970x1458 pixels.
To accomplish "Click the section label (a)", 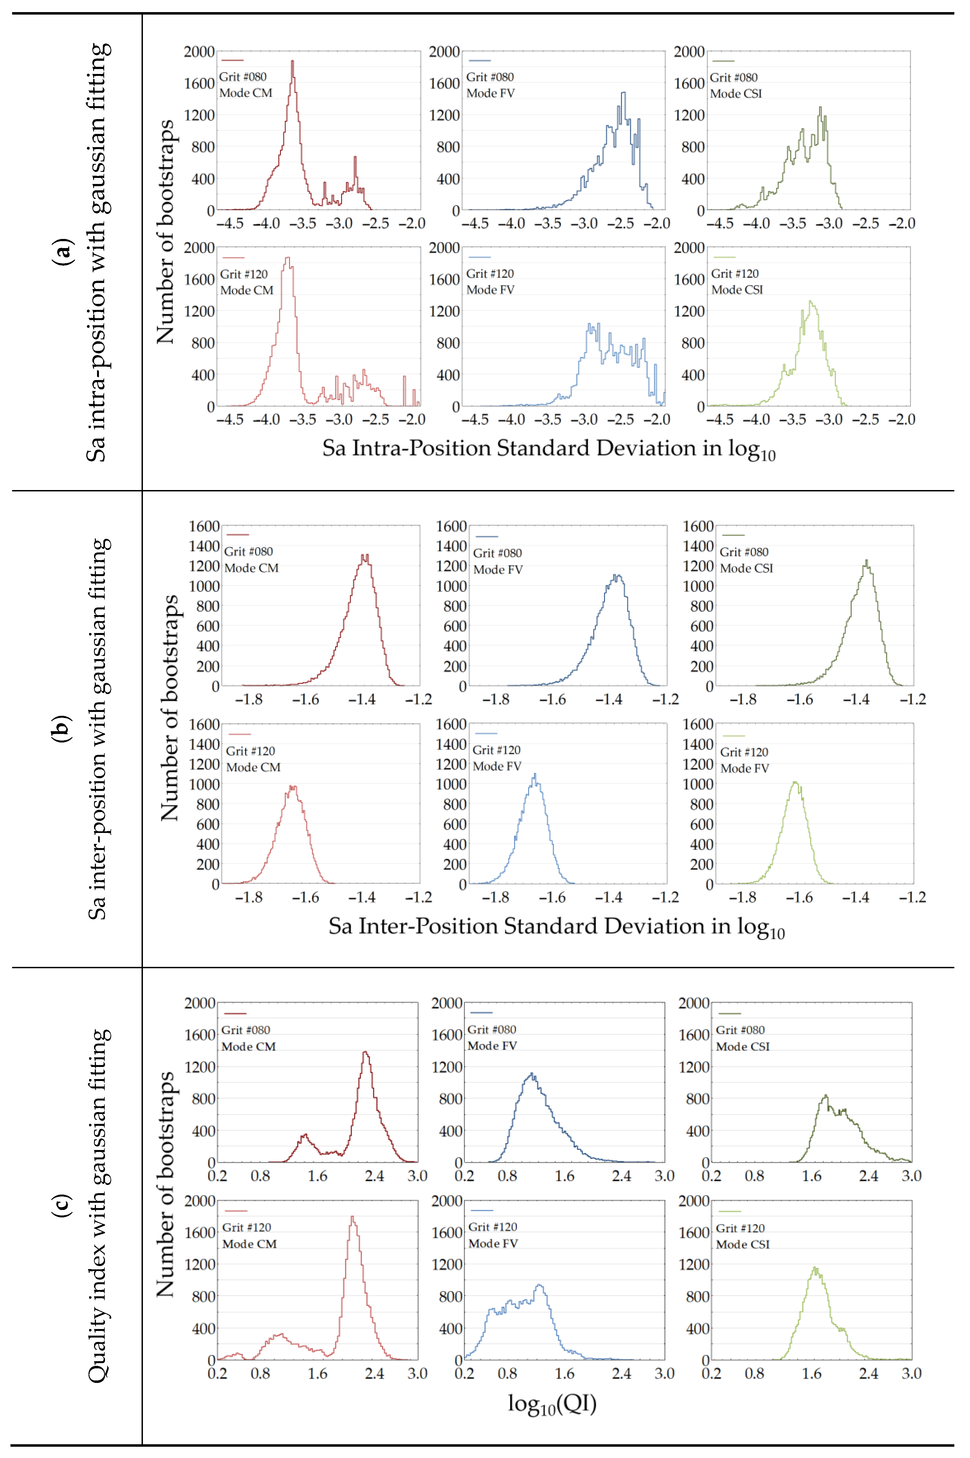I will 62,251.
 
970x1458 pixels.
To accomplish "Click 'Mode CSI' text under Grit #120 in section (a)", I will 737,290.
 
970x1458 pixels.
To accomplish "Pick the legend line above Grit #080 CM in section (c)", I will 235,1013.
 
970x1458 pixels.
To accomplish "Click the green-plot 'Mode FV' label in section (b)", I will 744,768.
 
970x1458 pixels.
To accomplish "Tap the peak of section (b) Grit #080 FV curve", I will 616,576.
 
